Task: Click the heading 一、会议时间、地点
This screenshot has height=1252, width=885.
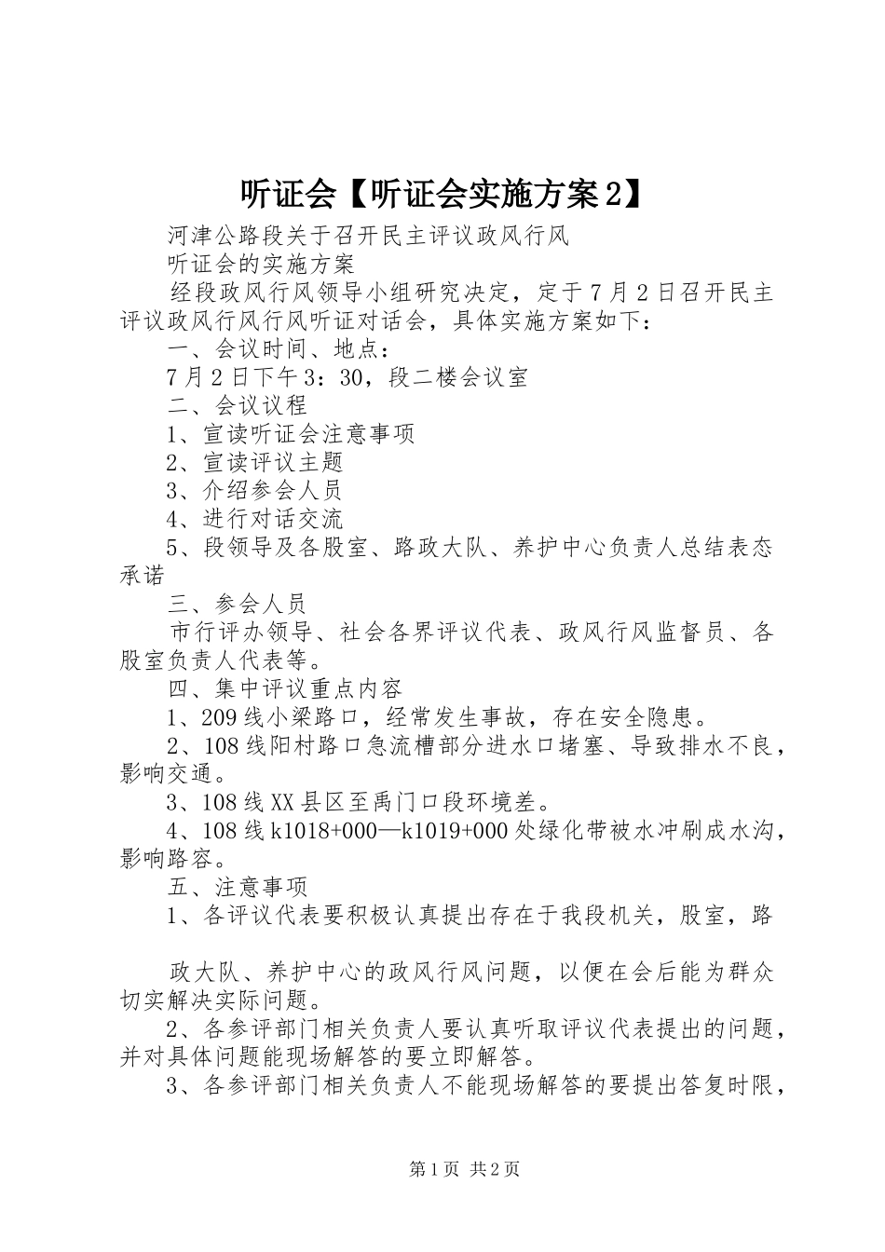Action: tap(276, 349)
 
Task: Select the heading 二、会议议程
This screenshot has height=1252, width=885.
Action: tap(238, 405)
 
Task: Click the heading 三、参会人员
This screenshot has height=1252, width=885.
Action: tap(238, 604)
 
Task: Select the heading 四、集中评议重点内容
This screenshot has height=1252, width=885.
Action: tap(285, 688)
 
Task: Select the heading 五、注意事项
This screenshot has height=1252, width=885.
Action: tap(238, 887)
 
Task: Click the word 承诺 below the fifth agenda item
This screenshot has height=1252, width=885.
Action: tap(143, 575)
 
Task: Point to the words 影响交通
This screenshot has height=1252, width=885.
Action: tap(167, 773)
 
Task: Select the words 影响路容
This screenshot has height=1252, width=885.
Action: tap(167, 859)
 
